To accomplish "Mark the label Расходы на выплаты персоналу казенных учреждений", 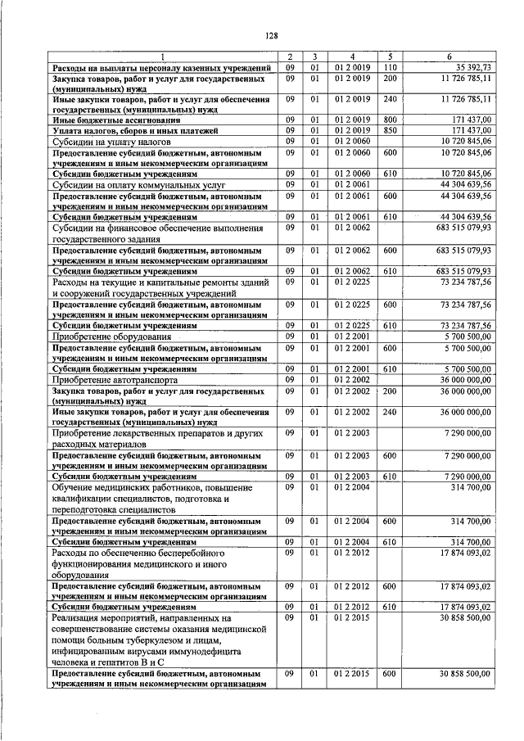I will click(x=161, y=66).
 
